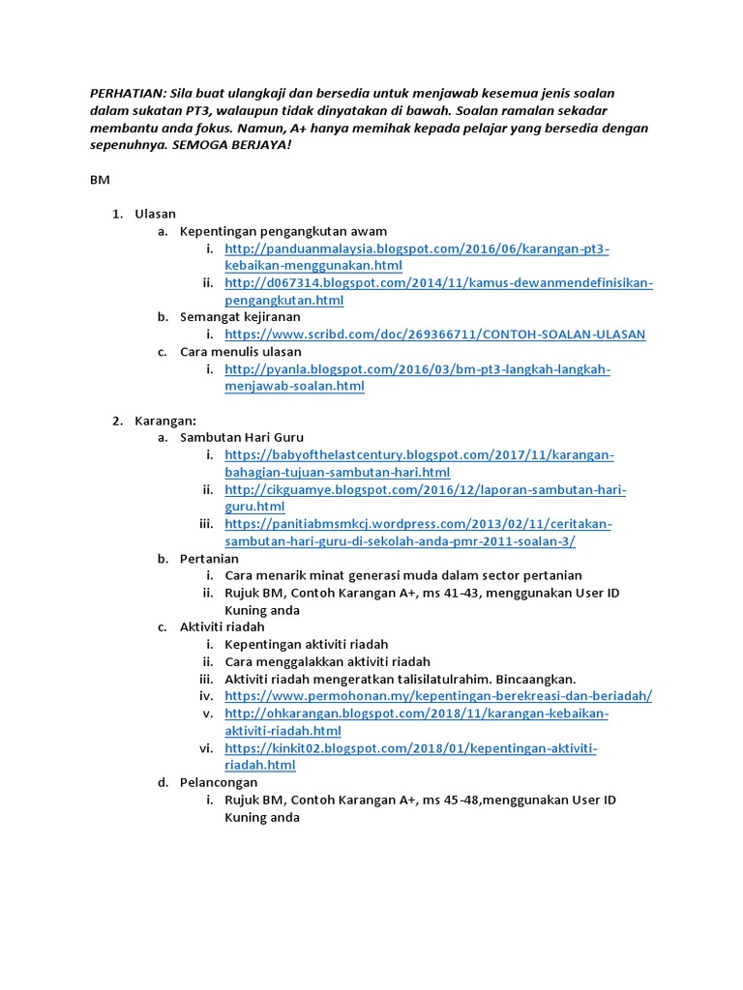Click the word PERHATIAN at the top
127,93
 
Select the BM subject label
101,180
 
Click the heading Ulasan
155,214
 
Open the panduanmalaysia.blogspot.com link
416,248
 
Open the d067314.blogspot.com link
438,283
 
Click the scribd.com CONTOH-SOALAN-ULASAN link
434,335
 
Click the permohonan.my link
438,696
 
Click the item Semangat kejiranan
240,317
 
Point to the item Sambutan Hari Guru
242,438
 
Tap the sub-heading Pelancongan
219,782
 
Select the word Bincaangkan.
535,679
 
